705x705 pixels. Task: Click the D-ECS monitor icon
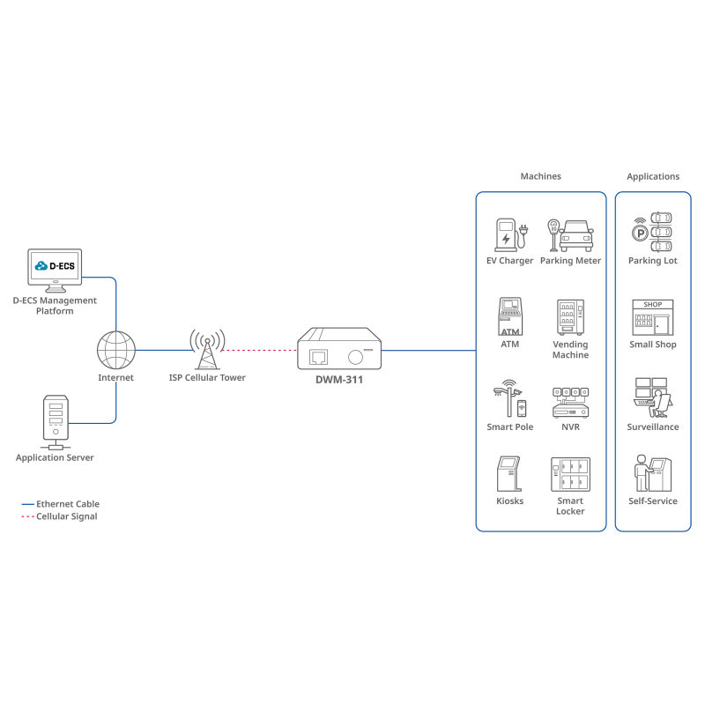pos(55,270)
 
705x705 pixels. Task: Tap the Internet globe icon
pos(115,350)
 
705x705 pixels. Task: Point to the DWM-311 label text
pos(339,380)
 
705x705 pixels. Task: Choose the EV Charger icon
pos(510,234)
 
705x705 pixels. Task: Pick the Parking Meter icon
pos(570,234)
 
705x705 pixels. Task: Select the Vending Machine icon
pos(570,317)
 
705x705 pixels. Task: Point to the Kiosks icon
pos(509,474)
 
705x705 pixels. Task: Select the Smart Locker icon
pos(570,474)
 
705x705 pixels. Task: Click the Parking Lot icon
pos(653,231)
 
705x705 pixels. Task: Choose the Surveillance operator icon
pos(653,398)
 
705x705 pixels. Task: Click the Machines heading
pos(540,176)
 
